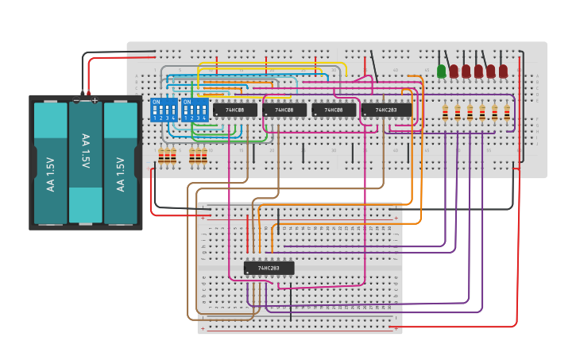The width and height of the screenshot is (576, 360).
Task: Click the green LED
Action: point(442,72)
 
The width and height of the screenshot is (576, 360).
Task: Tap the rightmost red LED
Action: point(503,72)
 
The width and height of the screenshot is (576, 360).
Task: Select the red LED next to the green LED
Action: point(454,72)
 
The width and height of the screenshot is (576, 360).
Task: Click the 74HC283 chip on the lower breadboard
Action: point(269,268)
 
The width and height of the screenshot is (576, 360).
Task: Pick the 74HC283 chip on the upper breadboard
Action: point(386,110)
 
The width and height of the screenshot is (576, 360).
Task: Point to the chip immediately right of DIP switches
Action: point(234,110)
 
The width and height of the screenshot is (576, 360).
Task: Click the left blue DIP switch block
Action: point(163,110)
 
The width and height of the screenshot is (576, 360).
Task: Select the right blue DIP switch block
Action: point(195,110)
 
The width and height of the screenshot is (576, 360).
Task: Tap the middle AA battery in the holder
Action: point(85,162)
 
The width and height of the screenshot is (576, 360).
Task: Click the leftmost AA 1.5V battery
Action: point(50,164)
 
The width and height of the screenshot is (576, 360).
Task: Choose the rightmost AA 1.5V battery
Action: point(121,164)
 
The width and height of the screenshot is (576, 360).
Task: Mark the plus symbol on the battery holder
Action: point(95,100)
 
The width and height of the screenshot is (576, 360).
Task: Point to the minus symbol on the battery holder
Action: point(76,100)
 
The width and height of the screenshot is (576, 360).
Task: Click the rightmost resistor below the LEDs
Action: point(507,112)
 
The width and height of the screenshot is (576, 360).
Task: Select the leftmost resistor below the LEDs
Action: point(445,112)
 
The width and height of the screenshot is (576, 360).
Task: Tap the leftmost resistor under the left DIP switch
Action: point(160,156)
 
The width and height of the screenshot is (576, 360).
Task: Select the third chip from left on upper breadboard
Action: point(334,110)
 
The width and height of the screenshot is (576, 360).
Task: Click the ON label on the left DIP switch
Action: point(156,103)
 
